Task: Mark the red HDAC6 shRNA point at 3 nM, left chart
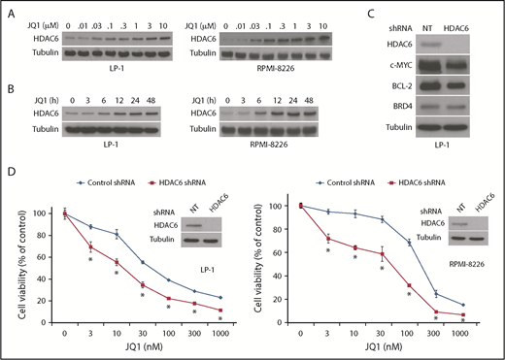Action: (90, 248)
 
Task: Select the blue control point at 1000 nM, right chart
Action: (477, 305)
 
